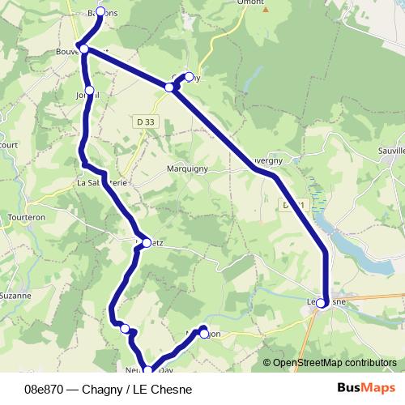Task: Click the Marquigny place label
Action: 187,169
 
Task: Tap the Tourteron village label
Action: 25,218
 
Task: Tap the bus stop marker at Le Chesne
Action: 322,303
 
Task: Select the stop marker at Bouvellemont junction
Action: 83,49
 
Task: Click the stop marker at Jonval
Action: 89,90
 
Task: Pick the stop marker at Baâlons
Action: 100,11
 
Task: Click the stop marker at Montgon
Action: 204,331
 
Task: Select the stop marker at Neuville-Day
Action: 147,370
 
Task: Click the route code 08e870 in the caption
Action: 45,390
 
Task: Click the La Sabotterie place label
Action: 102,183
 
